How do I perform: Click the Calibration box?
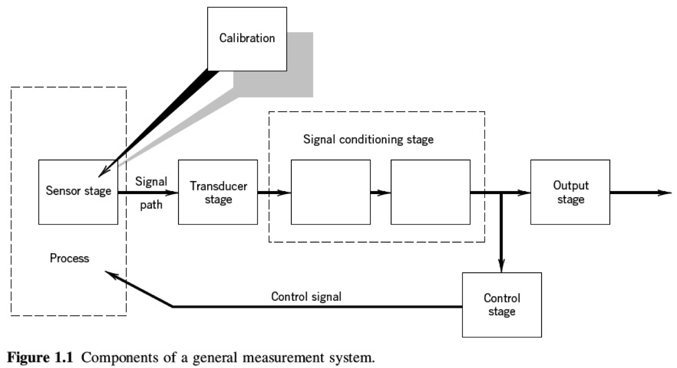pos(247,39)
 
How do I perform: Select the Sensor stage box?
pos(78,191)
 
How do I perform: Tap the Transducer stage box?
pos(218,192)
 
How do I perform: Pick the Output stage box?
pos(570,192)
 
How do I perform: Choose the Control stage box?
pos(501,305)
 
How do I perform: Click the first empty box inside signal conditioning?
pos(330,192)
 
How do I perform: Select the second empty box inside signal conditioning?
pos(430,192)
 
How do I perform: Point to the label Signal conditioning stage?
pos(368,139)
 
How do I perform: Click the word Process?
pos(69,259)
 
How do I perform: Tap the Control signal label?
pos(306,296)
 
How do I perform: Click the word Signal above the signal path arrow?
pos(151,181)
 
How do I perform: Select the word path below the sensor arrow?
pos(151,205)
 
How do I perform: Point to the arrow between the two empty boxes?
pos(381,193)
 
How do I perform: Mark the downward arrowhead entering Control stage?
pos(501,266)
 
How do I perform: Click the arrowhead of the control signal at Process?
pos(110,274)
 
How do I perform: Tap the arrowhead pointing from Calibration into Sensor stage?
pos(104,172)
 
